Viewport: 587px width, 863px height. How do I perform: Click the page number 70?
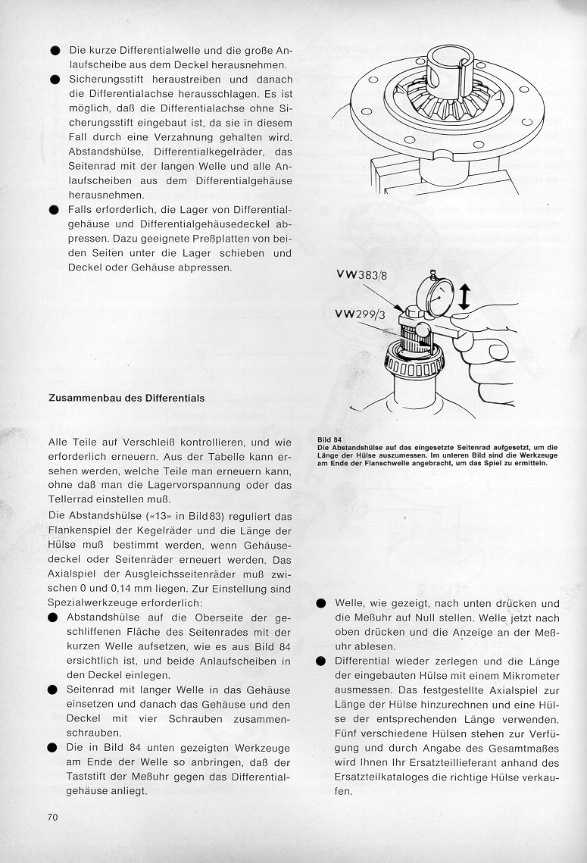point(52,817)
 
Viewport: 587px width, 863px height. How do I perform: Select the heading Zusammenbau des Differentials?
point(126,397)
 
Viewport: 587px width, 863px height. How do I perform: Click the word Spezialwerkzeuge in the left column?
point(94,602)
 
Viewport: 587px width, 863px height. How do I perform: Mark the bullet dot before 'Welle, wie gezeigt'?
point(320,604)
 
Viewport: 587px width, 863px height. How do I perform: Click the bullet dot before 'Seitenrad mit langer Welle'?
point(55,689)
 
